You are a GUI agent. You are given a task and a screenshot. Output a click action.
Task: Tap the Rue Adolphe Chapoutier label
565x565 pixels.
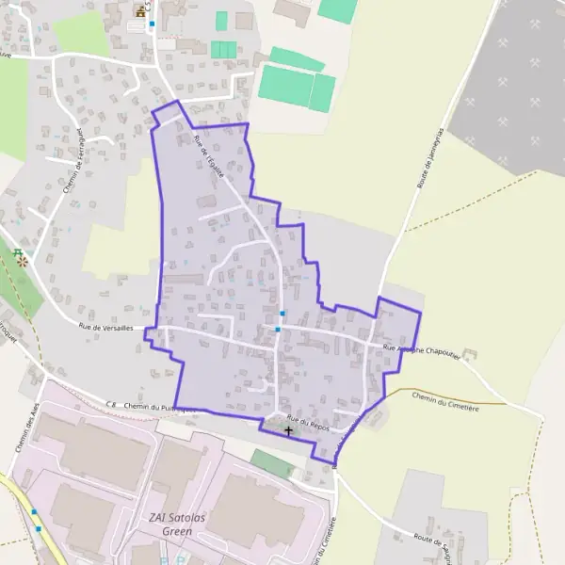click(423, 351)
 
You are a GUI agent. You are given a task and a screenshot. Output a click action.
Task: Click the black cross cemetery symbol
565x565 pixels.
click(288, 430)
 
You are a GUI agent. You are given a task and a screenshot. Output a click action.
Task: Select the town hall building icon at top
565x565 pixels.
click(141, 11)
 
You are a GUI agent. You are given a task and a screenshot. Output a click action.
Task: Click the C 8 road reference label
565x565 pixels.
click(111, 404)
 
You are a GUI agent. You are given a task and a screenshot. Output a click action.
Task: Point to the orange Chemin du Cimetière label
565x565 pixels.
click(446, 401)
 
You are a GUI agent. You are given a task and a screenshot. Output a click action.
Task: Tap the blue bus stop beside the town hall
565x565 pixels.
click(152, 24)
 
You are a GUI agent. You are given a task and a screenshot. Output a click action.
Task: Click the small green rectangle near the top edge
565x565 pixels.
click(221, 21)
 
